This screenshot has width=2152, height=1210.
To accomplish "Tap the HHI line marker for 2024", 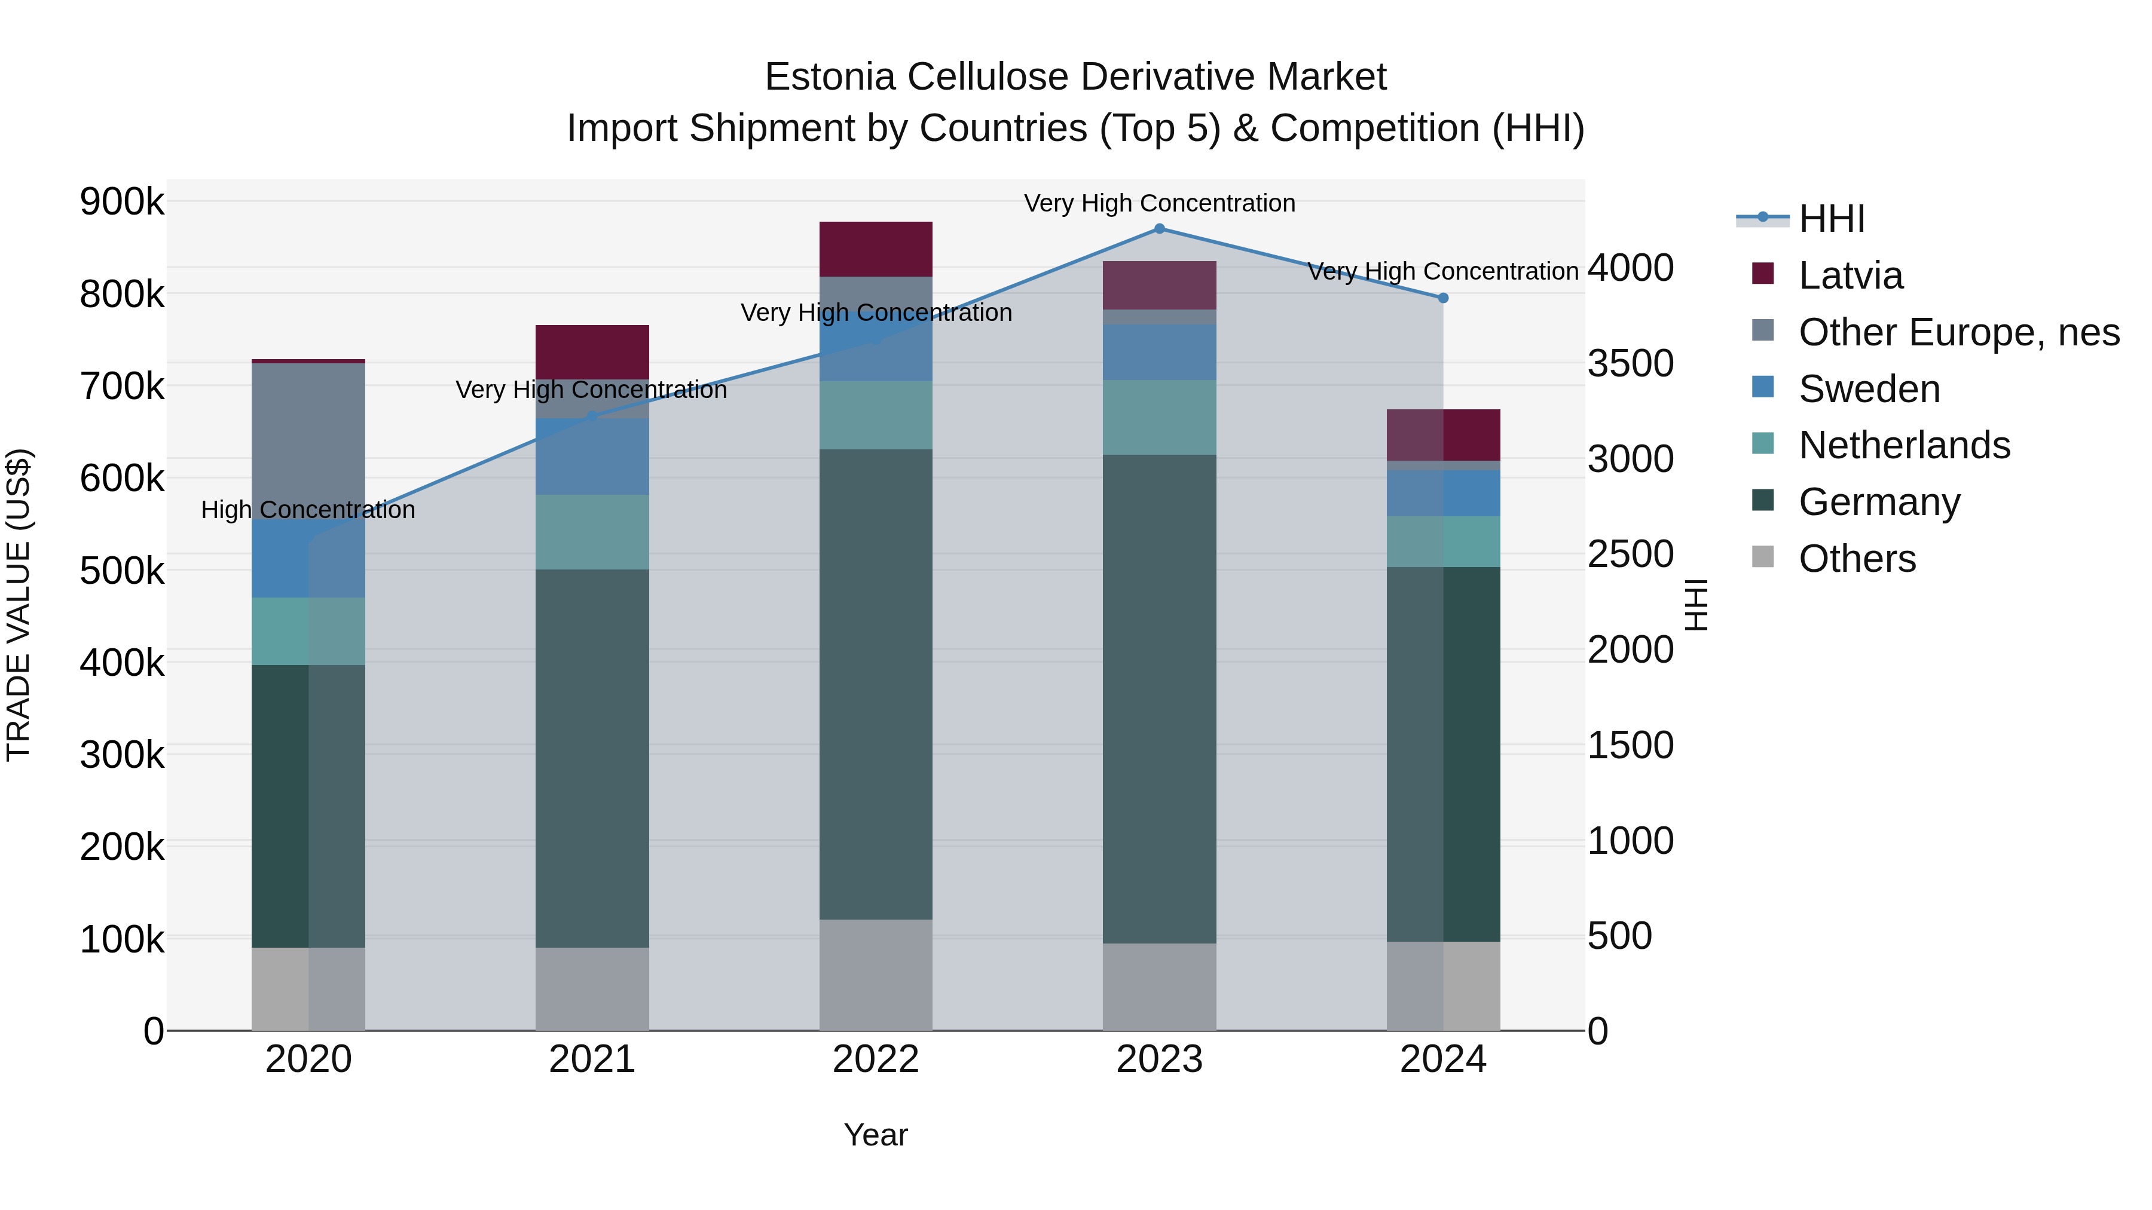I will (x=1443, y=298).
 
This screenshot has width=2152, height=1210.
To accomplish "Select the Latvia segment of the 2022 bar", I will (x=876, y=249).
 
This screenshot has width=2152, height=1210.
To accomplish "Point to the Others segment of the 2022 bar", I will (x=876, y=975).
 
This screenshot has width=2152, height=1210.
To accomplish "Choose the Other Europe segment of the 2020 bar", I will (x=308, y=434).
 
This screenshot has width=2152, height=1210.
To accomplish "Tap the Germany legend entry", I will (x=1878, y=503).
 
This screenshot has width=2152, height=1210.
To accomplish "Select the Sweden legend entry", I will (x=1868, y=389).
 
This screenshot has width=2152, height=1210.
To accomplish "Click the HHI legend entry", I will (x=1830, y=219).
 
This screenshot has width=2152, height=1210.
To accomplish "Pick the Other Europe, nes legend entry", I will (x=1958, y=332).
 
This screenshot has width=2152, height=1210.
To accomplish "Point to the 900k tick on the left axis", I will (x=122, y=202).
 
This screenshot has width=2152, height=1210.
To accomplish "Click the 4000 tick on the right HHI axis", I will (x=1630, y=268).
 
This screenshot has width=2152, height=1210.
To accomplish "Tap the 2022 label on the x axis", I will (x=876, y=1059).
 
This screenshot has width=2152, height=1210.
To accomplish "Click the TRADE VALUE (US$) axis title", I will (x=19, y=605).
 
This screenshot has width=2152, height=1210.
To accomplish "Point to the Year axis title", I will (x=876, y=1135).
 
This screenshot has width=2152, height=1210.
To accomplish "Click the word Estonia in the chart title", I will (x=832, y=77).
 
